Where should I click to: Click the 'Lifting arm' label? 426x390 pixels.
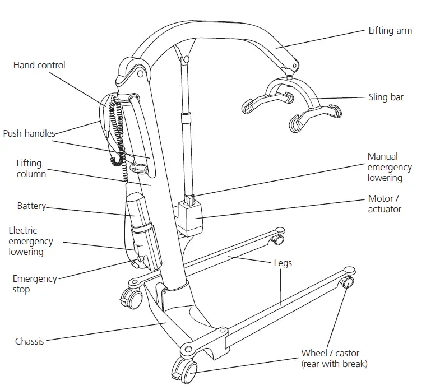(390, 31)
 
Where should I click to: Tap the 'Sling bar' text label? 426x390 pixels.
(386, 97)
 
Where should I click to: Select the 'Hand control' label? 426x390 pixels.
(39, 65)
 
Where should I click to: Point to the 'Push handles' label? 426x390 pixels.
(29, 133)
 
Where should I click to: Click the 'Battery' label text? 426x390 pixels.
(31, 206)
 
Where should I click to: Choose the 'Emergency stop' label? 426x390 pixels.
(35, 284)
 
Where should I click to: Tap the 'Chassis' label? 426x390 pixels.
(29, 341)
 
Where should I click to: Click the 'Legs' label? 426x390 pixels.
(283, 263)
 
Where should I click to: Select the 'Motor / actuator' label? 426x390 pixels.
(385, 204)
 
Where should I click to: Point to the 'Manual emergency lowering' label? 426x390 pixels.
(390, 167)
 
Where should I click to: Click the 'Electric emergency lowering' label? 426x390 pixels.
(31, 241)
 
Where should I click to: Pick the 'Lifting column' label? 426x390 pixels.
(31, 168)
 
